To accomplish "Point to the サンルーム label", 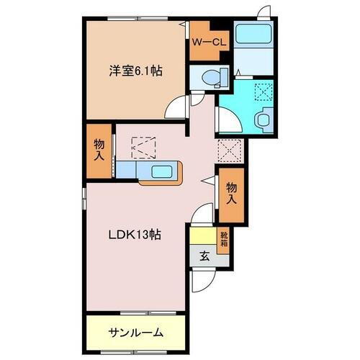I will click(136, 333).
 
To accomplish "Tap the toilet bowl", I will click(208, 77).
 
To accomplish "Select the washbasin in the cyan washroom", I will click(264, 119).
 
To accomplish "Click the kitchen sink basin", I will click(161, 171).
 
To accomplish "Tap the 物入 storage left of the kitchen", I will click(99, 149).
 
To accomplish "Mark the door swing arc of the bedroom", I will click(175, 109).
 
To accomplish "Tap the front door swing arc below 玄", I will click(202, 277).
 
